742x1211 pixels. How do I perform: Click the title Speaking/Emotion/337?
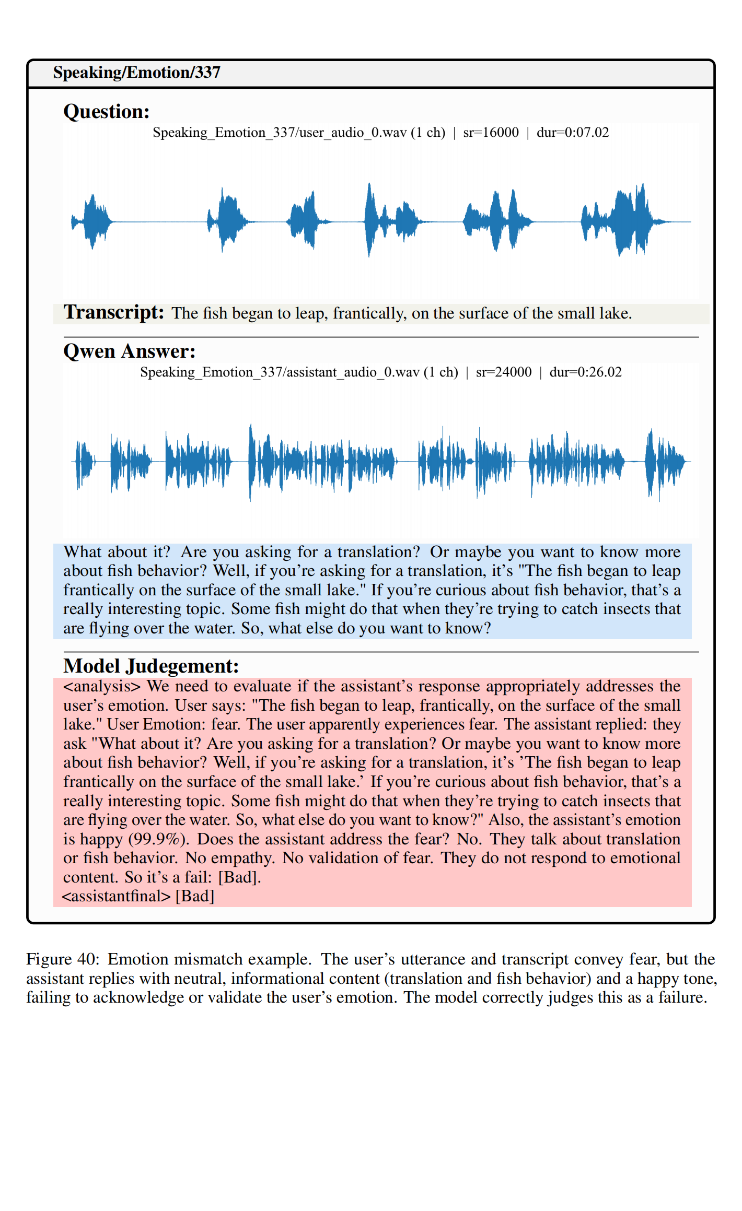tap(136, 72)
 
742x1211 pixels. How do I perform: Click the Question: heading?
tap(107, 112)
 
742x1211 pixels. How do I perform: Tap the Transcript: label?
tap(114, 312)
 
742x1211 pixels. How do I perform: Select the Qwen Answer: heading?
tap(130, 351)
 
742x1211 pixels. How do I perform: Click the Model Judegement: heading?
tap(151, 666)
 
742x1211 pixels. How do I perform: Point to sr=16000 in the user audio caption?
tap(491, 133)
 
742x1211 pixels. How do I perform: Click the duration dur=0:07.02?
tap(573, 133)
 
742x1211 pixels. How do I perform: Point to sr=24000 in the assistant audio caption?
tap(503, 372)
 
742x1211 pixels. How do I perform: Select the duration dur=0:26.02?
tap(585, 372)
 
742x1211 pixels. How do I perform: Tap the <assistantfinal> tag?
tap(117, 896)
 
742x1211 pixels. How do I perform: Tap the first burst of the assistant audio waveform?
tap(84, 462)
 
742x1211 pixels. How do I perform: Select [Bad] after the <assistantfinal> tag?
tap(195, 896)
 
